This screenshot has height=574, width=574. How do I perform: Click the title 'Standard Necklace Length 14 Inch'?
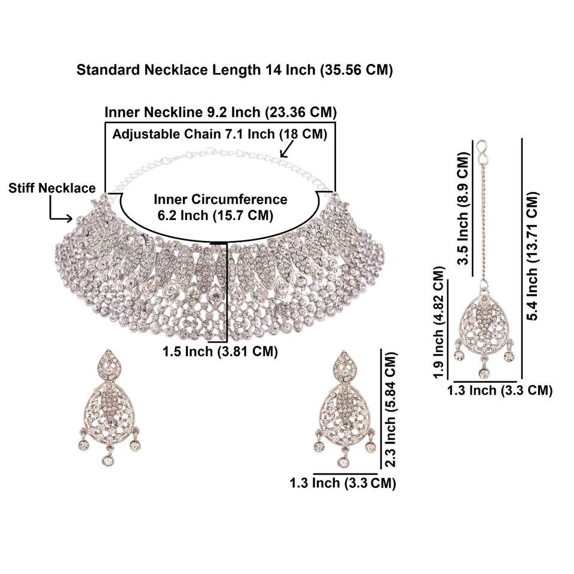pos(234,70)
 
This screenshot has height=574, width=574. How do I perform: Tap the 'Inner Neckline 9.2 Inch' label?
pos(220,112)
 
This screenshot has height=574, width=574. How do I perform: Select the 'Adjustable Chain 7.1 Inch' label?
pos(220,133)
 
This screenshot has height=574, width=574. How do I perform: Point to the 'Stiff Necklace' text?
pos(52,188)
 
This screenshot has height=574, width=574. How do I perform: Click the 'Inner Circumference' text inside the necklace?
pos(221,199)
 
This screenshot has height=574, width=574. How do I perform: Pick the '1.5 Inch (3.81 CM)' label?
pos(220,352)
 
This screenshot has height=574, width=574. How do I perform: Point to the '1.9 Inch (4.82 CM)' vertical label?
pos(441,323)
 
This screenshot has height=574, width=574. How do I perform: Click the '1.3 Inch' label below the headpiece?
pos(499,390)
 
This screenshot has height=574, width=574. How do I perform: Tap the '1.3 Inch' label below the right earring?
pos(343,483)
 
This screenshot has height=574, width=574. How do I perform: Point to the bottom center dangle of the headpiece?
pos(484,373)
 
